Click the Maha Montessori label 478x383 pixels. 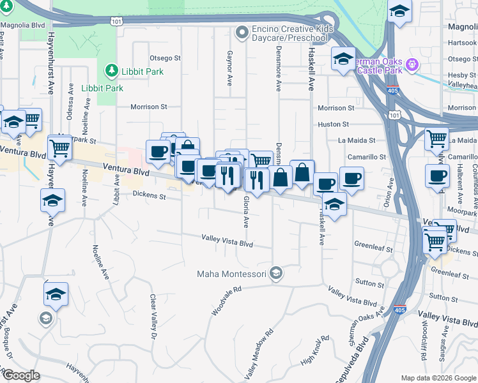pos(233,274)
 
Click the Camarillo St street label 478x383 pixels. pos(367,156)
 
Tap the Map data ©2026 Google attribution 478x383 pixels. pos(438,378)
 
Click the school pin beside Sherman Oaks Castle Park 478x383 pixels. pos(343,59)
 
